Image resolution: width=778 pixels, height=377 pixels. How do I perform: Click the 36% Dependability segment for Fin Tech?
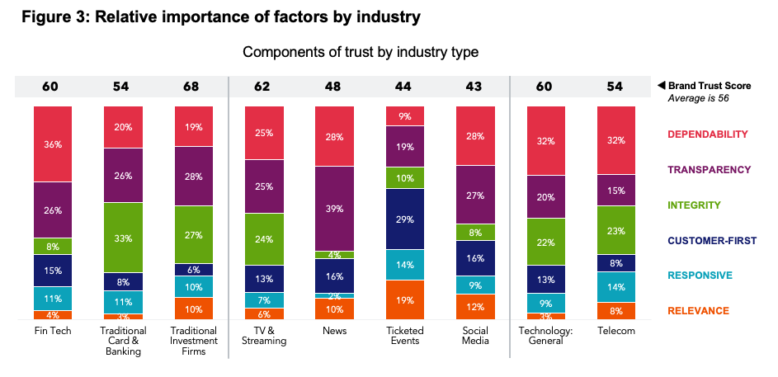tap(53, 144)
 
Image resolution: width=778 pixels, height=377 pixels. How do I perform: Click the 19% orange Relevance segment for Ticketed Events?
tap(405, 299)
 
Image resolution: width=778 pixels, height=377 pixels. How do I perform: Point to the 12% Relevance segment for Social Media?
tap(475, 307)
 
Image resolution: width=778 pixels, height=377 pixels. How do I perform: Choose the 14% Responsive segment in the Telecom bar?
tap(616, 286)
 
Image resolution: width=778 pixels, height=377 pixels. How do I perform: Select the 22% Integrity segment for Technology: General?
tap(546, 241)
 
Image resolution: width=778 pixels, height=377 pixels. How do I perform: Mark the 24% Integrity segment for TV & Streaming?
tap(263, 240)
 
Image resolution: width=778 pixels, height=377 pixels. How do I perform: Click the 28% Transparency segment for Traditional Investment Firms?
tap(193, 176)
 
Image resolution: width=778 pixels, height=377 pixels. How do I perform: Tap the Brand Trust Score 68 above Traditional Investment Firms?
tap(193, 86)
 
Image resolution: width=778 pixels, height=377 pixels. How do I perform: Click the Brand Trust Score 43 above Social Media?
tap(475, 86)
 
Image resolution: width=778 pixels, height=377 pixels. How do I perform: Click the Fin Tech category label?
tap(53, 330)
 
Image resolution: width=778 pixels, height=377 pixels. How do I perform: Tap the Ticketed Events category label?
tap(405, 335)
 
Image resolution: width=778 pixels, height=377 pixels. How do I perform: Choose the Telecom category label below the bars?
tap(616, 330)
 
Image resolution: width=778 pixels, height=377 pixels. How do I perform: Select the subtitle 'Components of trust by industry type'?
tap(361, 52)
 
